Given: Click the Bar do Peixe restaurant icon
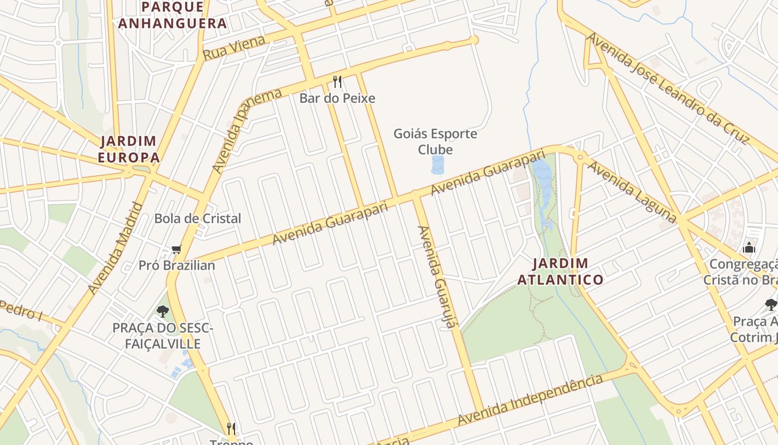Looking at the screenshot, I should pos(337,82).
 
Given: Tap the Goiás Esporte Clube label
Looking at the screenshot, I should pos(435,142).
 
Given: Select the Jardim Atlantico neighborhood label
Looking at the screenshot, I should pos(560,271).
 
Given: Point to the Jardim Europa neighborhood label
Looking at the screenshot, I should pos(128,149).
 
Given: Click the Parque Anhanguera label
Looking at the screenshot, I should pos(172,15).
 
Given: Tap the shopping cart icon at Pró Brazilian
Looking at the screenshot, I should pos(176,250).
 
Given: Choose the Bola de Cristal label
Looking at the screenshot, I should pos(197,219).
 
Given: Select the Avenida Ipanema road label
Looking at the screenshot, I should pos(246,130).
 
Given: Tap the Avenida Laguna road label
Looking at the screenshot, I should pos(632,192).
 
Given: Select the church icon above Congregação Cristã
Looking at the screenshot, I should pos(749,248).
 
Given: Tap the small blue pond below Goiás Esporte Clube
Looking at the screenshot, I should pos(438,165).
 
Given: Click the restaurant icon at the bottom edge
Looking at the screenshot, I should pos(231,428).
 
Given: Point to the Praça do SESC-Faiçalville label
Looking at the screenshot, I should pos(162,336).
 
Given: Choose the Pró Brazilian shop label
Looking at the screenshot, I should pos(176,265).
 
